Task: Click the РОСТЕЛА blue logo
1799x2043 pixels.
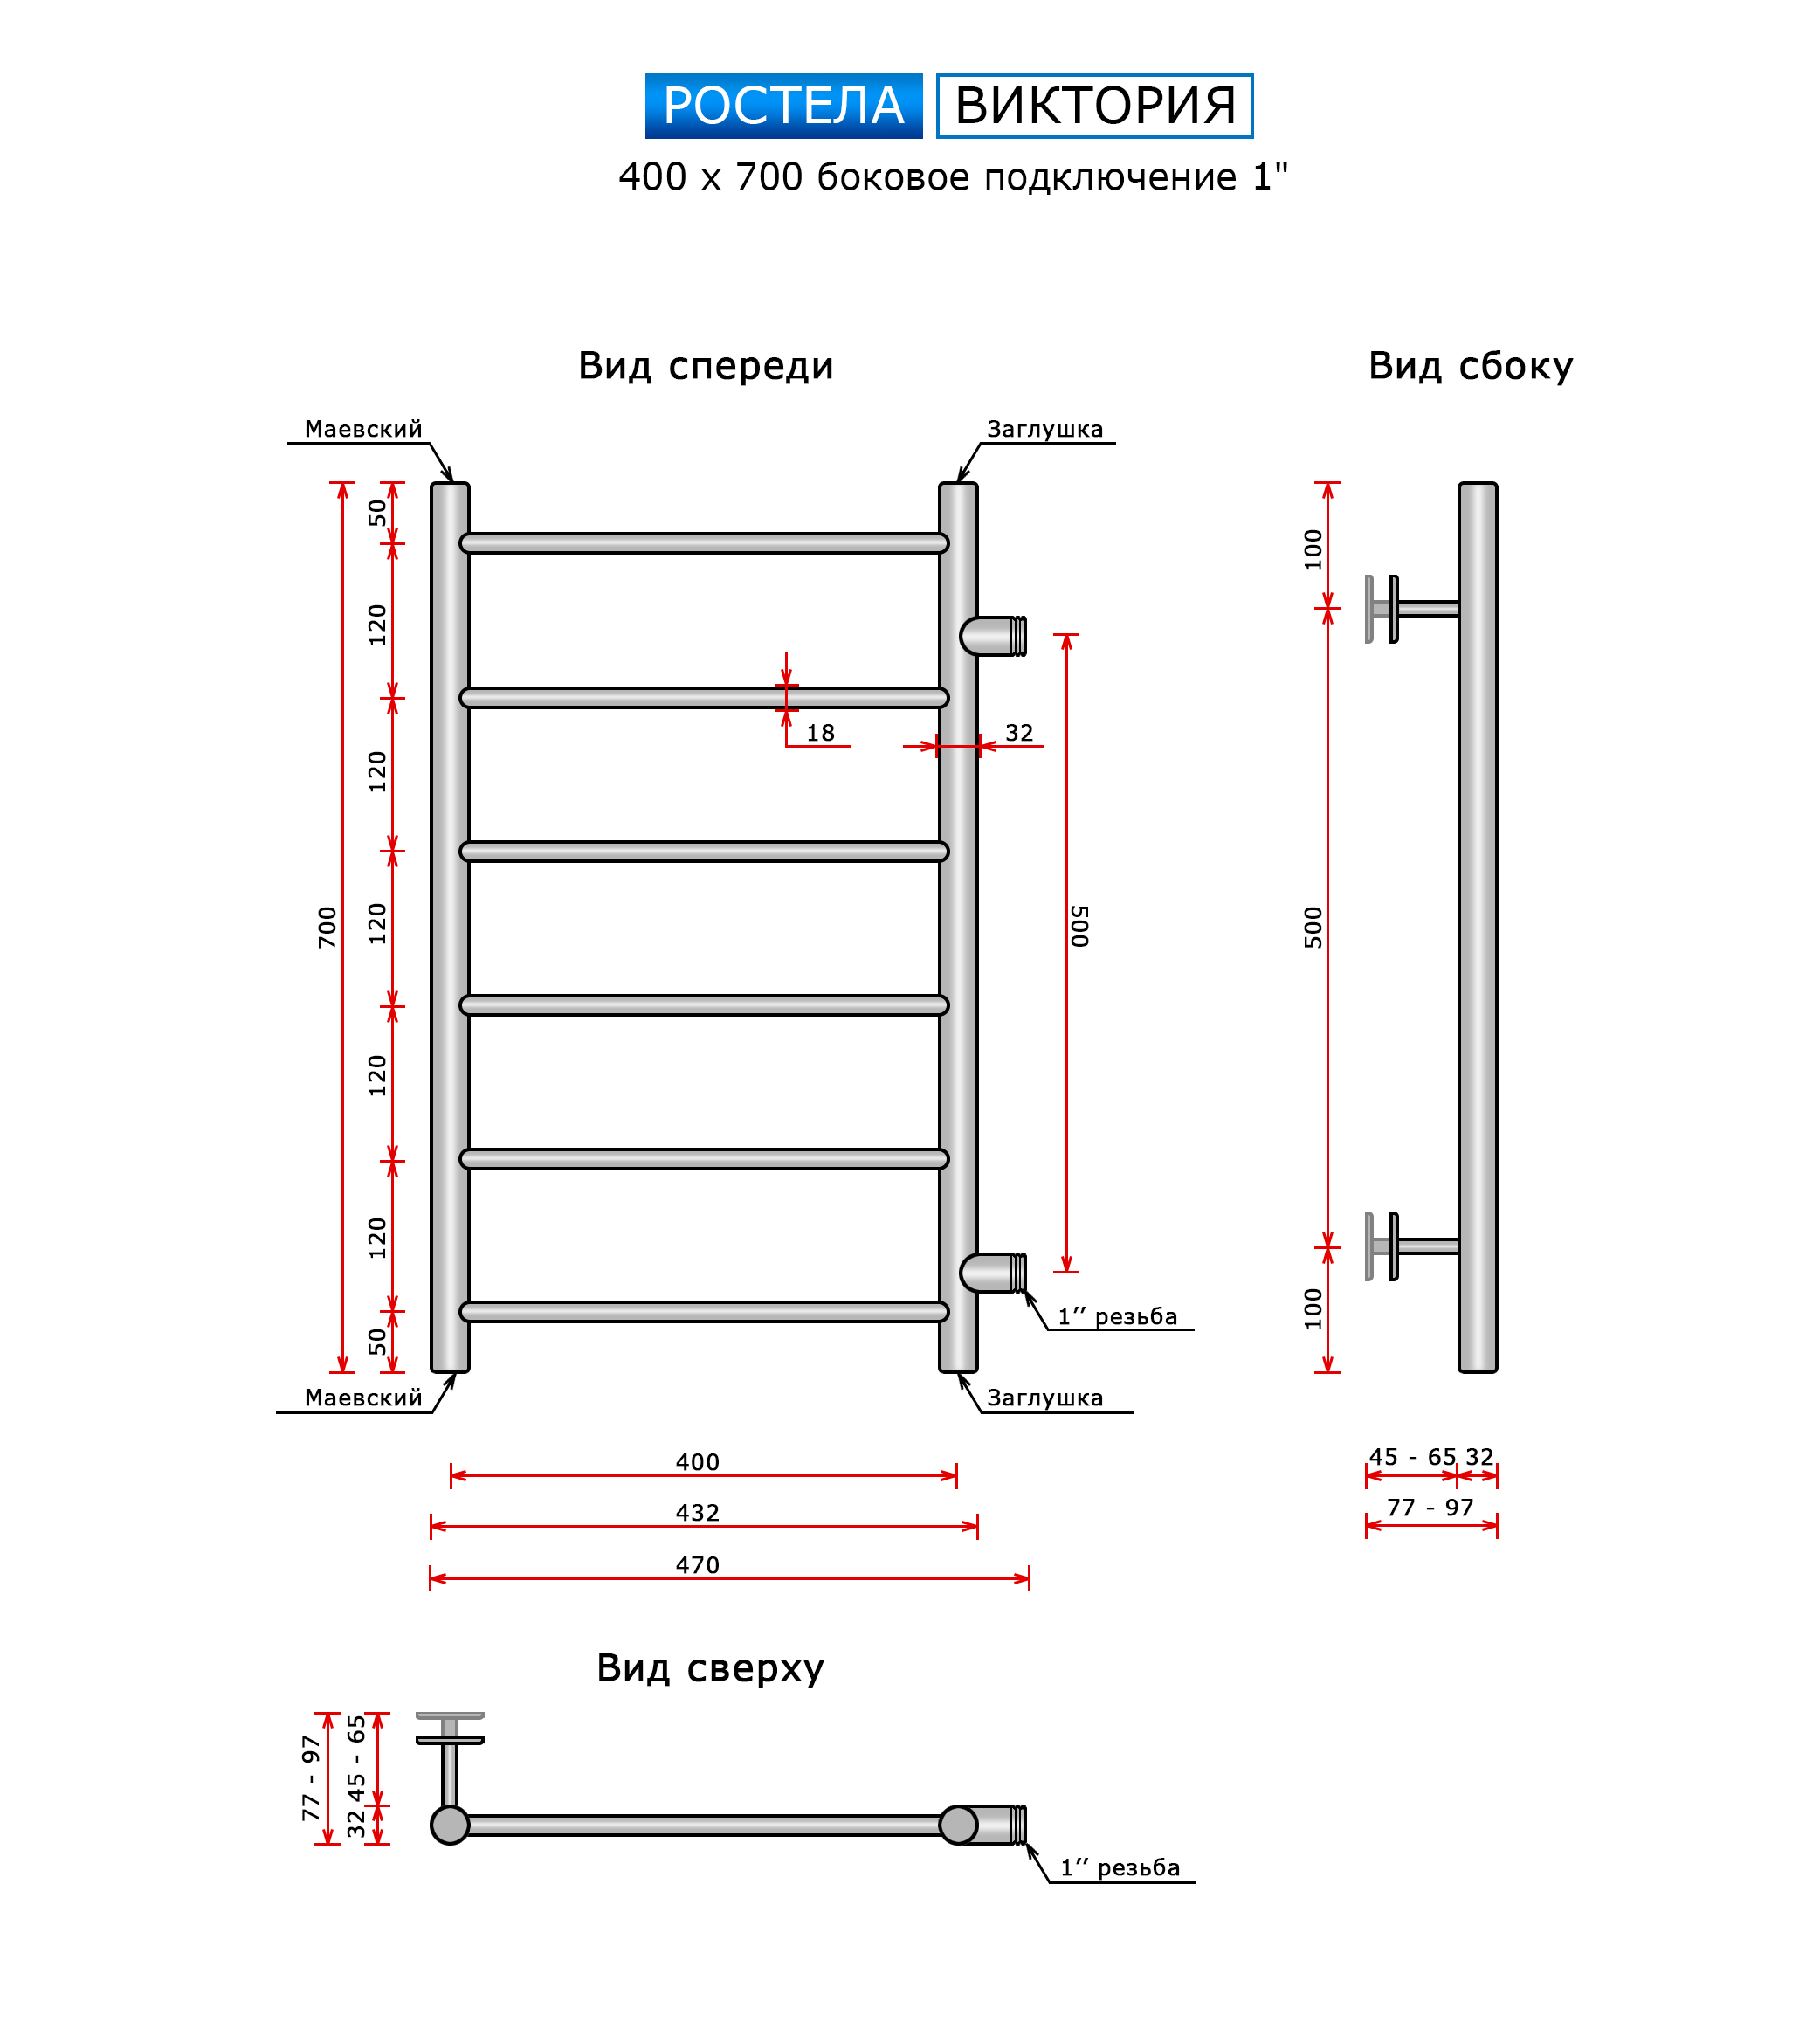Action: (782, 106)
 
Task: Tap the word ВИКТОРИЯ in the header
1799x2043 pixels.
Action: (1094, 106)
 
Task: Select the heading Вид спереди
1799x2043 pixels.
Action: (706, 366)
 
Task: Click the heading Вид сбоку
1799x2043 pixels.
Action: (1470, 366)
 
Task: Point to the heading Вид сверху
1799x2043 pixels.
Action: (710, 1668)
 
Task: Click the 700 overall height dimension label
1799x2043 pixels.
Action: (327, 927)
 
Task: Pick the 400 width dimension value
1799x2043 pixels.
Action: (697, 1462)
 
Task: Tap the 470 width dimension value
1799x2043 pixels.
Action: (697, 1565)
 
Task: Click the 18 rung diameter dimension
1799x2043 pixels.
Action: (821, 733)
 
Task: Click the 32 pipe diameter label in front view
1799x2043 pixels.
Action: (1018, 733)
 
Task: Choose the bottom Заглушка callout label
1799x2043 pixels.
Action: (1044, 1398)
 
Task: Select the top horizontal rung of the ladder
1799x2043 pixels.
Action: (704, 542)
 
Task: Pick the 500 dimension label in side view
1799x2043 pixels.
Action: (1313, 927)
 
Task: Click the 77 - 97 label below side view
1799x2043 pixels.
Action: (1430, 1508)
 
